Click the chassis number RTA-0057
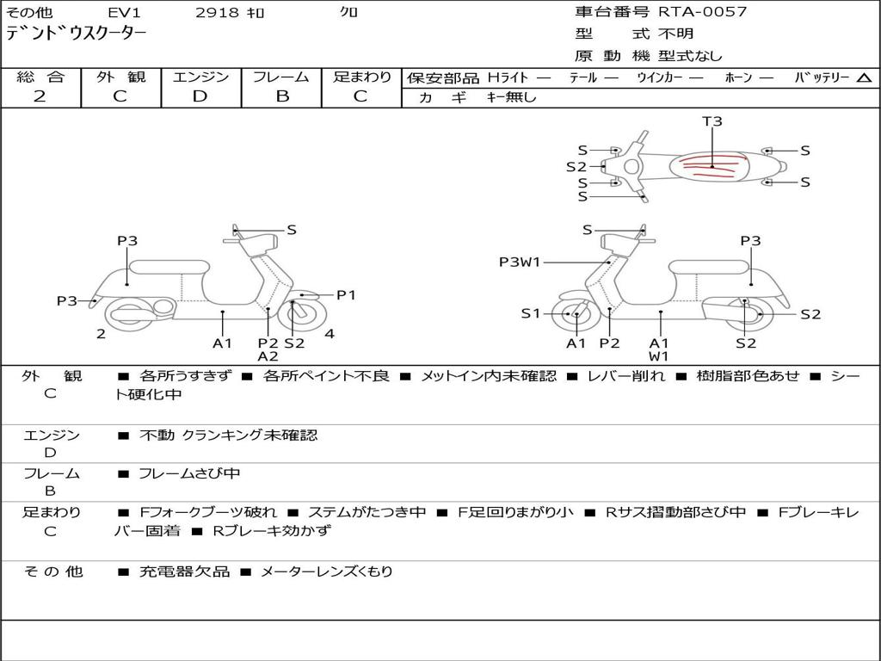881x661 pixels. point(703,12)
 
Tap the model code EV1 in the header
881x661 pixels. point(124,13)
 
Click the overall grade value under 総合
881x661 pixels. point(40,96)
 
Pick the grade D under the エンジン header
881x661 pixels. point(200,96)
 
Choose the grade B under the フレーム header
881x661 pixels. point(281,96)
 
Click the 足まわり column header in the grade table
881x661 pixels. point(362,77)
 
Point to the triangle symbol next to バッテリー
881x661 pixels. point(864,78)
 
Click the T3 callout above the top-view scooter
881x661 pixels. point(712,121)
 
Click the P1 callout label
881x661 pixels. point(346,295)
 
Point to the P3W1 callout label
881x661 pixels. point(520,263)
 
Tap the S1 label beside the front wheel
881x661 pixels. point(531,313)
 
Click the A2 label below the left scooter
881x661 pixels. point(268,356)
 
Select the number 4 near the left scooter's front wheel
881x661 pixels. point(330,334)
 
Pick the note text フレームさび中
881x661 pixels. point(189,473)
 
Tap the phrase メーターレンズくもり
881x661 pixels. point(326,571)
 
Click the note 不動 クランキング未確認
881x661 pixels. point(228,436)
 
